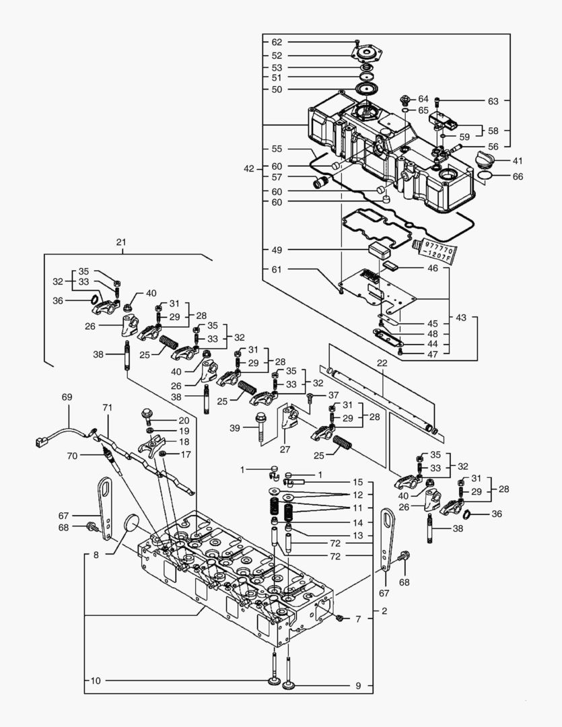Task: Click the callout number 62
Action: click(x=277, y=42)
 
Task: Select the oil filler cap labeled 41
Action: click(x=484, y=161)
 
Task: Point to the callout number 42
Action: click(x=249, y=169)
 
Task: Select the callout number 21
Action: click(x=121, y=242)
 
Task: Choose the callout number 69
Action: click(x=67, y=398)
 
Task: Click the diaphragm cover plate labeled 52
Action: click(x=367, y=55)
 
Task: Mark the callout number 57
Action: click(x=277, y=178)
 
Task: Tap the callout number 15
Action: click(x=358, y=483)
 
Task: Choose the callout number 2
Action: click(x=384, y=611)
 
